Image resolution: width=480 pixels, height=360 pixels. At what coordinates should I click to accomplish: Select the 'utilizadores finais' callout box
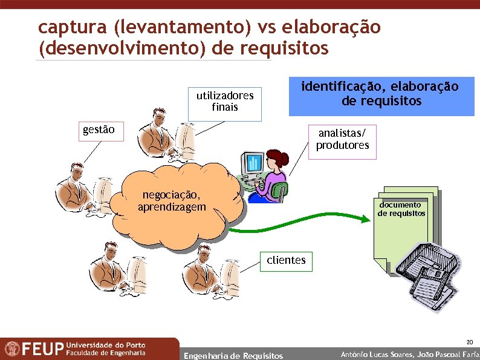pyautogui.click(x=224, y=102)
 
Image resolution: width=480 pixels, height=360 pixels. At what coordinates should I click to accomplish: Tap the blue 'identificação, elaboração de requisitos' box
pyautogui.click(x=381, y=94)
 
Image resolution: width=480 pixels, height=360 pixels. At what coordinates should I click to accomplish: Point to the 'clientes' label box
pyautogui.click(x=287, y=261)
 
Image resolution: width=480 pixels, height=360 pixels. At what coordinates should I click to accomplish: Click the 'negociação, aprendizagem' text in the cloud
pyautogui.click(x=171, y=201)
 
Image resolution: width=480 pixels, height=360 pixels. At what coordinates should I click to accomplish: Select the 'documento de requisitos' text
pyautogui.click(x=401, y=209)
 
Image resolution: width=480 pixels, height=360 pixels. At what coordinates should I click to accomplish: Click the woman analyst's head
pyautogui.click(x=271, y=158)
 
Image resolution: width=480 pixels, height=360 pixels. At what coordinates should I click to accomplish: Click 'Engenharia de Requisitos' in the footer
pyautogui.click(x=233, y=355)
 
